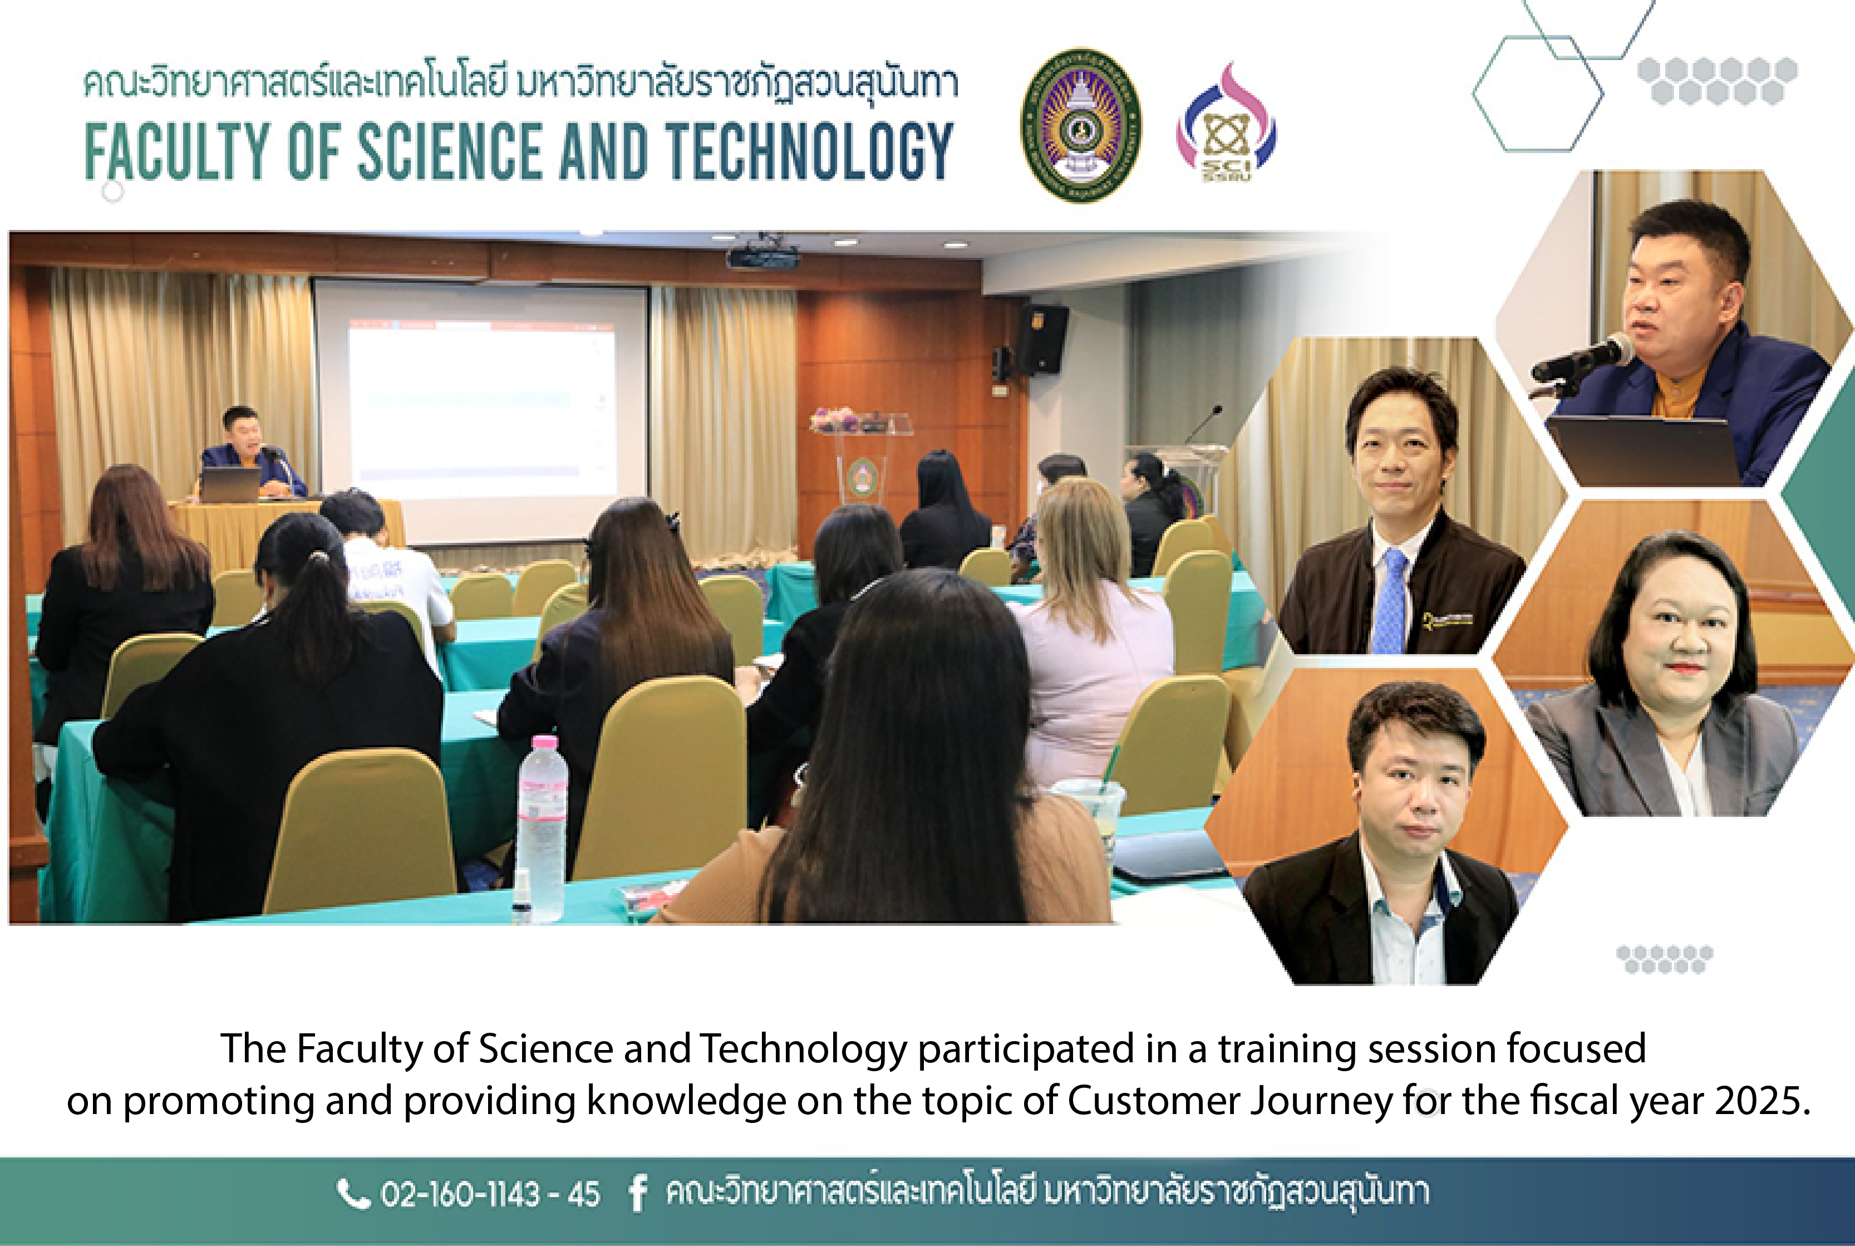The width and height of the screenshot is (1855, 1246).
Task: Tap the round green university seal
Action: pyautogui.click(x=1080, y=126)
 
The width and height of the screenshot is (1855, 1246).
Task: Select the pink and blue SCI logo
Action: pyautogui.click(x=1226, y=123)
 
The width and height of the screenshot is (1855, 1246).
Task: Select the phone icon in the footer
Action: pyautogui.click(x=353, y=1193)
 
